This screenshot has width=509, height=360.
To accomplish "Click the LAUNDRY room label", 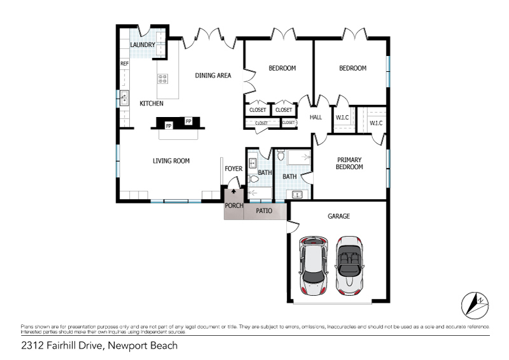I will [x=143, y=45].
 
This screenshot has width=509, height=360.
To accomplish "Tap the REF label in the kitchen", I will [x=125, y=64].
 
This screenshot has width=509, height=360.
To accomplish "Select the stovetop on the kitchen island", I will [x=162, y=79].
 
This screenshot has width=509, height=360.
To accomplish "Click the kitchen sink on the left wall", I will [x=124, y=98].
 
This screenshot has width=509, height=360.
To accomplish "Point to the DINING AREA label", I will [x=213, y=76].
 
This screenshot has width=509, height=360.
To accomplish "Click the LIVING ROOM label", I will [x=171, y=161].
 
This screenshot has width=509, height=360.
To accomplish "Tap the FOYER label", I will [x=234, y=169].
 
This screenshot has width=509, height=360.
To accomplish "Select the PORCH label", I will [x=234, y=205].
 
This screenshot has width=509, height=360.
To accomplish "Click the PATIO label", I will [x=265, y=210].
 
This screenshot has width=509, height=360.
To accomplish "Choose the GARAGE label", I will [x=338, y=216].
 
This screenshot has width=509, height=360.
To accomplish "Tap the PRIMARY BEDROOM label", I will [x=350, y=163].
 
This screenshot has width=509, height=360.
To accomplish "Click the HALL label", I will [x=316, y=117].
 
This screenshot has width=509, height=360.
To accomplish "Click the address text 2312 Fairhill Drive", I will [x=62, y=346].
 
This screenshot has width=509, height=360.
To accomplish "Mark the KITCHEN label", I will [x=151, y=103].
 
